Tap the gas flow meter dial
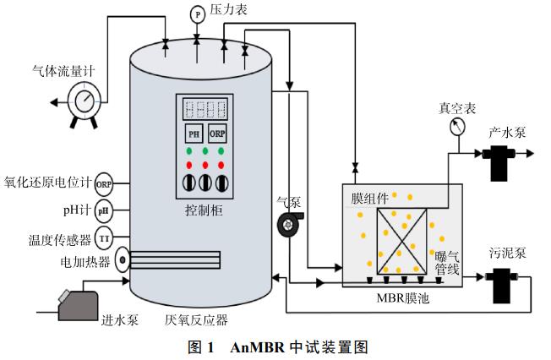pos(85,101)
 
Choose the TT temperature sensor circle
pos(104,236)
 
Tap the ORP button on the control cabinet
pos(216,133)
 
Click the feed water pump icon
pos(79,302)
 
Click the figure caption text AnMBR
pos(254,346)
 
